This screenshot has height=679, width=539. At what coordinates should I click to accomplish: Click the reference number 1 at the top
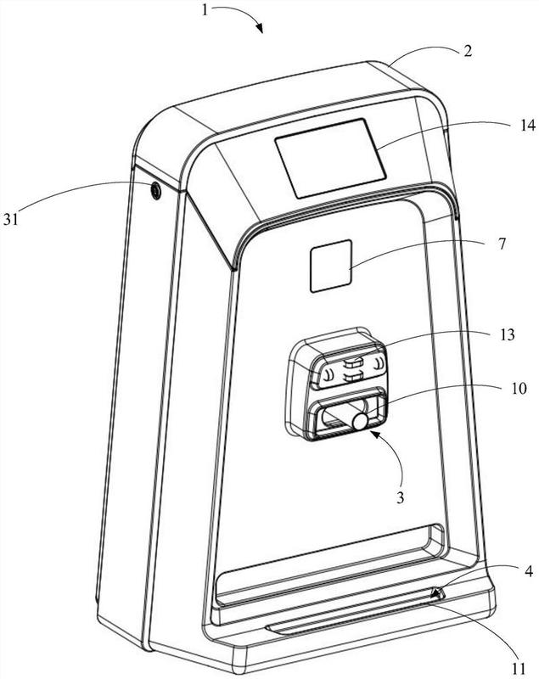(x=205, y=9)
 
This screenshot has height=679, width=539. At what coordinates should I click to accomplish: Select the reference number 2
(x=468, y=51)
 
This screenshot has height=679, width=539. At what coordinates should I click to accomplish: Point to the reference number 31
(x=12, y=220)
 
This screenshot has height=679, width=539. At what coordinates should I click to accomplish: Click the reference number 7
(x=502, y=244)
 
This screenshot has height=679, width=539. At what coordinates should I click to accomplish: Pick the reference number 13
(x=507, y=334)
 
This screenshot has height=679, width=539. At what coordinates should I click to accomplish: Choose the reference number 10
(x=519, y=389)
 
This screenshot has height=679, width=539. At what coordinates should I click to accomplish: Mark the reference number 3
(x=400, y=497)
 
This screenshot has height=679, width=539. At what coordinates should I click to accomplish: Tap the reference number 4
(x=528, y=571)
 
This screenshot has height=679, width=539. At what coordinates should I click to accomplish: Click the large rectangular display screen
(x=330, y=159)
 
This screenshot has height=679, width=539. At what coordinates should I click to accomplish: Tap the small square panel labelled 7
(x=331, y=266)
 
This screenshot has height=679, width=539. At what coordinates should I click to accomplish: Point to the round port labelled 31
(x=155, y=190)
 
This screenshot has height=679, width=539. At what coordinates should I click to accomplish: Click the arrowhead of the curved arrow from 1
(x=260, y=29)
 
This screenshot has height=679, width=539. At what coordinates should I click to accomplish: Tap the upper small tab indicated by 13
(x=354, y=362)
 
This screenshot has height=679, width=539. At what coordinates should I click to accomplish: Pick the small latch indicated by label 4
(x=438, y=593)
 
